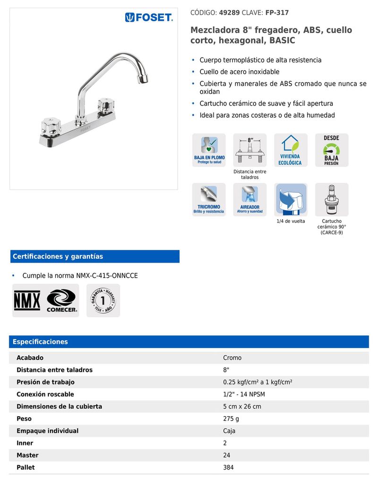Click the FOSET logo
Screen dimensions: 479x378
[149, 17]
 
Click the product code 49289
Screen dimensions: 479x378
[229, 13]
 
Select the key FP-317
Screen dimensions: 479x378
[277, 13]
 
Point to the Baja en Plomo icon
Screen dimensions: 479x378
[209, 150]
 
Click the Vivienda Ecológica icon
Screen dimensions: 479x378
[291, 150]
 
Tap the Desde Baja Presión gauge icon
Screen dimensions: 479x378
[331, 150]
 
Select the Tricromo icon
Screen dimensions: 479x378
[209, 199]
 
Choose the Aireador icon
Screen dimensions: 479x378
[249, 199]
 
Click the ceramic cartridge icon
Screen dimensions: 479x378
[331, 199]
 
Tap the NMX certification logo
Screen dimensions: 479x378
[27, 300]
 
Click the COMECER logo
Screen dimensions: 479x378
[61, 300]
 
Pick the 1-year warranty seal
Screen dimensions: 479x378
[103, 300]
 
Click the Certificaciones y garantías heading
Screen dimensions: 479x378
[58, 257]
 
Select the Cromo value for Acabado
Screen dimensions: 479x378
[232, 358]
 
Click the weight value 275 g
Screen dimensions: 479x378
[231, 419]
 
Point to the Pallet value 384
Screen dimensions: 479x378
[228, 468]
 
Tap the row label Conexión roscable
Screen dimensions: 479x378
[45, 394]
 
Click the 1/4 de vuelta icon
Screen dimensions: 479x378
[291, 199]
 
